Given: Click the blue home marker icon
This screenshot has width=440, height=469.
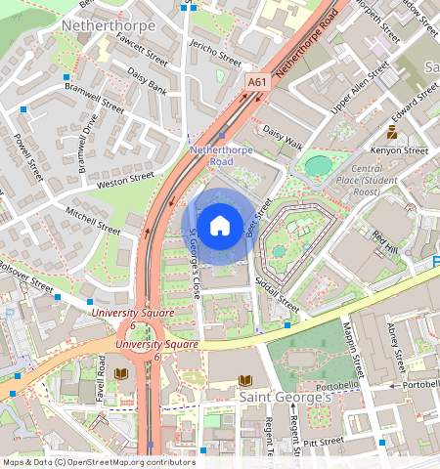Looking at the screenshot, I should tap(220, 225).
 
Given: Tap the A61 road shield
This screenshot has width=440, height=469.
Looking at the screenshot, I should tap(257, 84).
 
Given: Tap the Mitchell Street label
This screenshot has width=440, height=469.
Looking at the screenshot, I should tap(92, 221).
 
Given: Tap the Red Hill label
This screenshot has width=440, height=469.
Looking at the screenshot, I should tap(387, 240).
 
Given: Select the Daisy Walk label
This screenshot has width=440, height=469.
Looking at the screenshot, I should tap(283, 143).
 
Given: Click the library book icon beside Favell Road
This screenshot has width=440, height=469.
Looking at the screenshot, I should tap(121, 373).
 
